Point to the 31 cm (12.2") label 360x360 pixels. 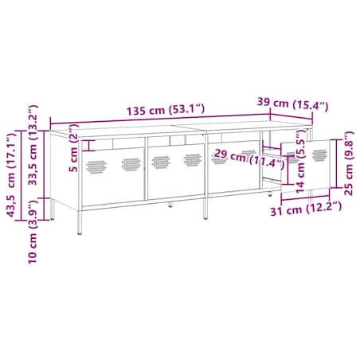coord(307,209)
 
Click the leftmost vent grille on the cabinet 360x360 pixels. coord(96,166)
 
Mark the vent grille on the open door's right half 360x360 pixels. coord(320,154)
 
